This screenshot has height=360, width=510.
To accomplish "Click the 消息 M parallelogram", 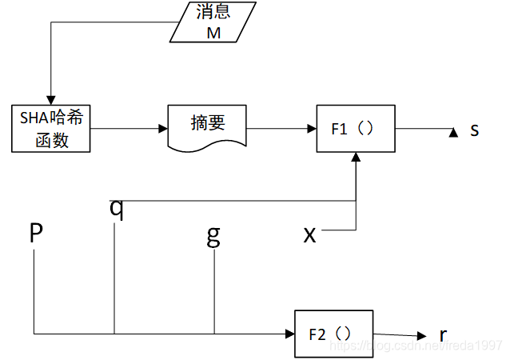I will click(212, 22).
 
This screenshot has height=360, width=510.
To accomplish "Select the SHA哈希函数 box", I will click(52, 128).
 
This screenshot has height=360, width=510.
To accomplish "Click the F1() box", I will click(356, 128).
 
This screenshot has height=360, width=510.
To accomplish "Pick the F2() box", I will click(333, 332).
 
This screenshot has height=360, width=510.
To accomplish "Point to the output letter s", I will click(474, 129).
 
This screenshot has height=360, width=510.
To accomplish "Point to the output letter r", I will click(444, 334).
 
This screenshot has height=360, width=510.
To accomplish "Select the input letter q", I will click(117, 207).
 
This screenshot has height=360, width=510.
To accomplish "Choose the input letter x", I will click(310, 234).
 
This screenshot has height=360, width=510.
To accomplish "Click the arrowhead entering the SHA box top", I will click(51, 99).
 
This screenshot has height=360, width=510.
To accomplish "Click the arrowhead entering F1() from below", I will click(356, 158).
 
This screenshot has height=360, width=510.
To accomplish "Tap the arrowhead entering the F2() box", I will click(289, 333).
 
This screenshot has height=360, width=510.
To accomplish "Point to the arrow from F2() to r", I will click(400, 335).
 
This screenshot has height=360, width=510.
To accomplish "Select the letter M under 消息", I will click(212, 32).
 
